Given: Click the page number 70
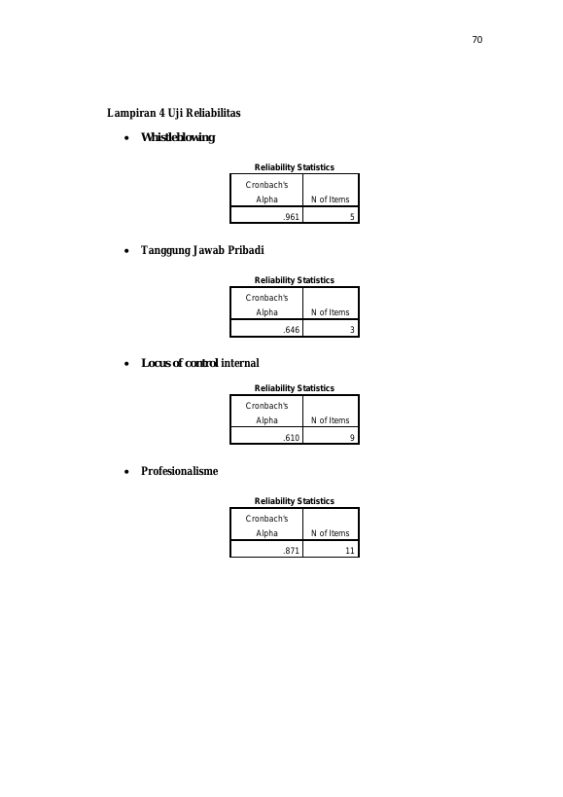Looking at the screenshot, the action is pos(477,40).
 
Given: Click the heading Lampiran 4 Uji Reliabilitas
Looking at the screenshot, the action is pos(174,113).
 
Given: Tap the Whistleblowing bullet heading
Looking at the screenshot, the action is pos(178,137).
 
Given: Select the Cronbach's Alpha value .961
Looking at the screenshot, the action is pos(292,217).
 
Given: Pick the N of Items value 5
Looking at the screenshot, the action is pos(352,217).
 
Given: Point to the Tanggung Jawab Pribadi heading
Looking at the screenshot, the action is pos(202,250).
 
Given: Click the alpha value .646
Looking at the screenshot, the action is pos(292,329).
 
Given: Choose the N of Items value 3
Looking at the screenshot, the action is pos(352,329).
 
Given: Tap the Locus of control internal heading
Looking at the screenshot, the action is pos(200,363).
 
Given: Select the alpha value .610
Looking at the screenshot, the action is pos(292,438).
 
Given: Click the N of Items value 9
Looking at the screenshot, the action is pos(352,438).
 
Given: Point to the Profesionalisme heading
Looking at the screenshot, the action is pos(179,471).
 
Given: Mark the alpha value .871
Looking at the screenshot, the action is pos(292,551).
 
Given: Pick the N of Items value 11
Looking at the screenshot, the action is pos(350,551).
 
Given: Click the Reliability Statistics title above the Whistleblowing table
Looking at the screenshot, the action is pos(295,167).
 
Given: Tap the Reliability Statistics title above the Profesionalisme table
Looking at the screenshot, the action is pos(295,501).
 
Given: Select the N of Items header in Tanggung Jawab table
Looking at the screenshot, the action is pos(330,312).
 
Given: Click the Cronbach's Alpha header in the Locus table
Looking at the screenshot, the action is pos(266,413).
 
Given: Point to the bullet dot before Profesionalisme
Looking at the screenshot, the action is pos(126,472).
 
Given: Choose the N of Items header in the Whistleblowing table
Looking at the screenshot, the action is pos(330,199).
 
